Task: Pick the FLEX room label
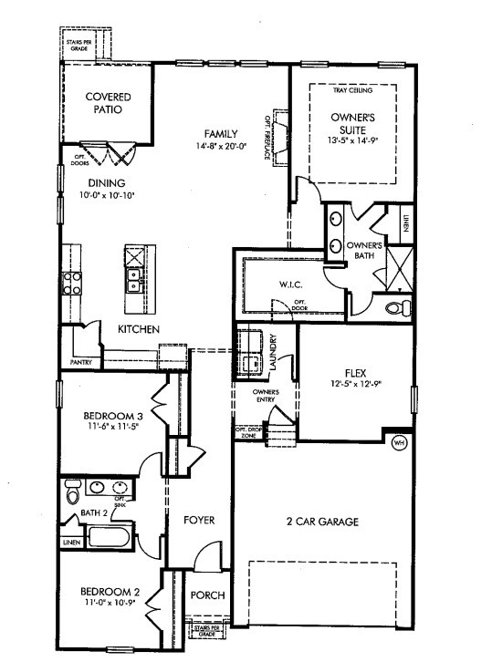coord(355,372)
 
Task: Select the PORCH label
coord(205,595)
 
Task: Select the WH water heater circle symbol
coord(399,442)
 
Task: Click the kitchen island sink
coord(134,278)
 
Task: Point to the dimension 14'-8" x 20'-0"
coord(221,146)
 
